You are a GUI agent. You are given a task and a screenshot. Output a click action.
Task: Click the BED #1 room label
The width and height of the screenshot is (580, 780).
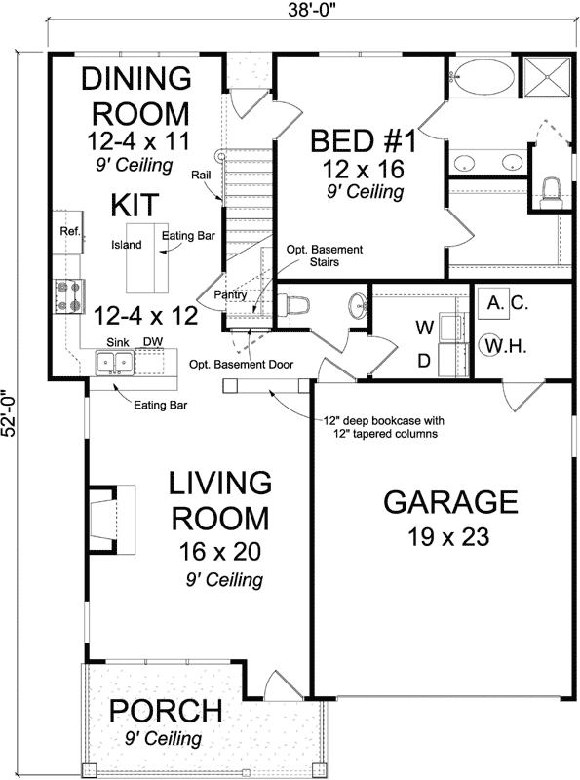363,142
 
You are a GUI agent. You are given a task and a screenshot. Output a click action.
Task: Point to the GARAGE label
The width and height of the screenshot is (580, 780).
449,503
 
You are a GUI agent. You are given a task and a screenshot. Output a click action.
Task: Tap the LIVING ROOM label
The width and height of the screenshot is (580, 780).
219,499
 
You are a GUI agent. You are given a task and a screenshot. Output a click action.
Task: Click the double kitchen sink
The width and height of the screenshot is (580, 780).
115,363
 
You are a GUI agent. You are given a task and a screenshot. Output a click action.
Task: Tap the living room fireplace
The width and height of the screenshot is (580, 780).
103,514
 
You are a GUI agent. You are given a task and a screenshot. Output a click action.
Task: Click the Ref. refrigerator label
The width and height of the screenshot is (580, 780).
69,232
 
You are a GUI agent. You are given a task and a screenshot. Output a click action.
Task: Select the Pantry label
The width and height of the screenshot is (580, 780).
230,294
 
